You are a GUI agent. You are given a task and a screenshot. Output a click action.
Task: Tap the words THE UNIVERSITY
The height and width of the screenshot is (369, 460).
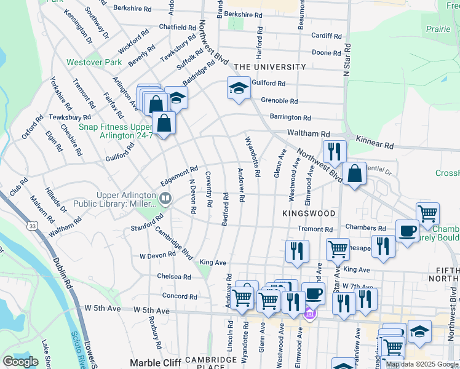pos(269,67)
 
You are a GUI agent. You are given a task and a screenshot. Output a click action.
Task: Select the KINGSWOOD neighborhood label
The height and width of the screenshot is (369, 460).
pos(309,213)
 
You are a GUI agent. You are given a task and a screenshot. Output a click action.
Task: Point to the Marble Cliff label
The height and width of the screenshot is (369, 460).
pos(155,362)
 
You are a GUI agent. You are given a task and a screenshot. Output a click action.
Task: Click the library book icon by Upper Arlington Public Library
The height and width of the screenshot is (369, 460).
pos(165,198)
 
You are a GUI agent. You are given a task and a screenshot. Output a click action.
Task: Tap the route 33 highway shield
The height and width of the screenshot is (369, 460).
pos(31,226)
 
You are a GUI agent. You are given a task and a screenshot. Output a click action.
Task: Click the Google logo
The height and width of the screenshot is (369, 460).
pos(20,362)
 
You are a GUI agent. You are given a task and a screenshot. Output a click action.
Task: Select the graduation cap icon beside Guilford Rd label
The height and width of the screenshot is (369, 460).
pos(238,88)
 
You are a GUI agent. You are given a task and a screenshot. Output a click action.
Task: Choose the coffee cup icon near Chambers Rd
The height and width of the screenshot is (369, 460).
pos(406,231)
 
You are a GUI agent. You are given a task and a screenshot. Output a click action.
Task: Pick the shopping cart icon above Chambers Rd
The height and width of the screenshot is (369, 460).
pos(427,213)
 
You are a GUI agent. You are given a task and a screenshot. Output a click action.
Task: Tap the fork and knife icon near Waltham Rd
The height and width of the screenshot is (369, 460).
pos(335,151)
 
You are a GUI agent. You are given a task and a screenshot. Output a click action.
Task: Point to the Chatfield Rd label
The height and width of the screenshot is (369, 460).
pos(177,27)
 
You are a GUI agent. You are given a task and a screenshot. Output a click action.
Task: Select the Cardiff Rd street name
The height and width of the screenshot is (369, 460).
pos(326,36)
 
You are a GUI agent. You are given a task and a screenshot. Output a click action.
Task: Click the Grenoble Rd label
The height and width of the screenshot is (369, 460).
pos(279,101)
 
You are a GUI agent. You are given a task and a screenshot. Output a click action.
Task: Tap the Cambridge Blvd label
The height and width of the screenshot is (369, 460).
pos(174,242)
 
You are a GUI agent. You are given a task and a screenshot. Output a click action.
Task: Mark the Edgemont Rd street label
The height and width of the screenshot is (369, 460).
pos(179,173)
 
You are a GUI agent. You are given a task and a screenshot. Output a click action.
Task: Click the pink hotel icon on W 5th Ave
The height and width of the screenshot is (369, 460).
pos(310,315)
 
